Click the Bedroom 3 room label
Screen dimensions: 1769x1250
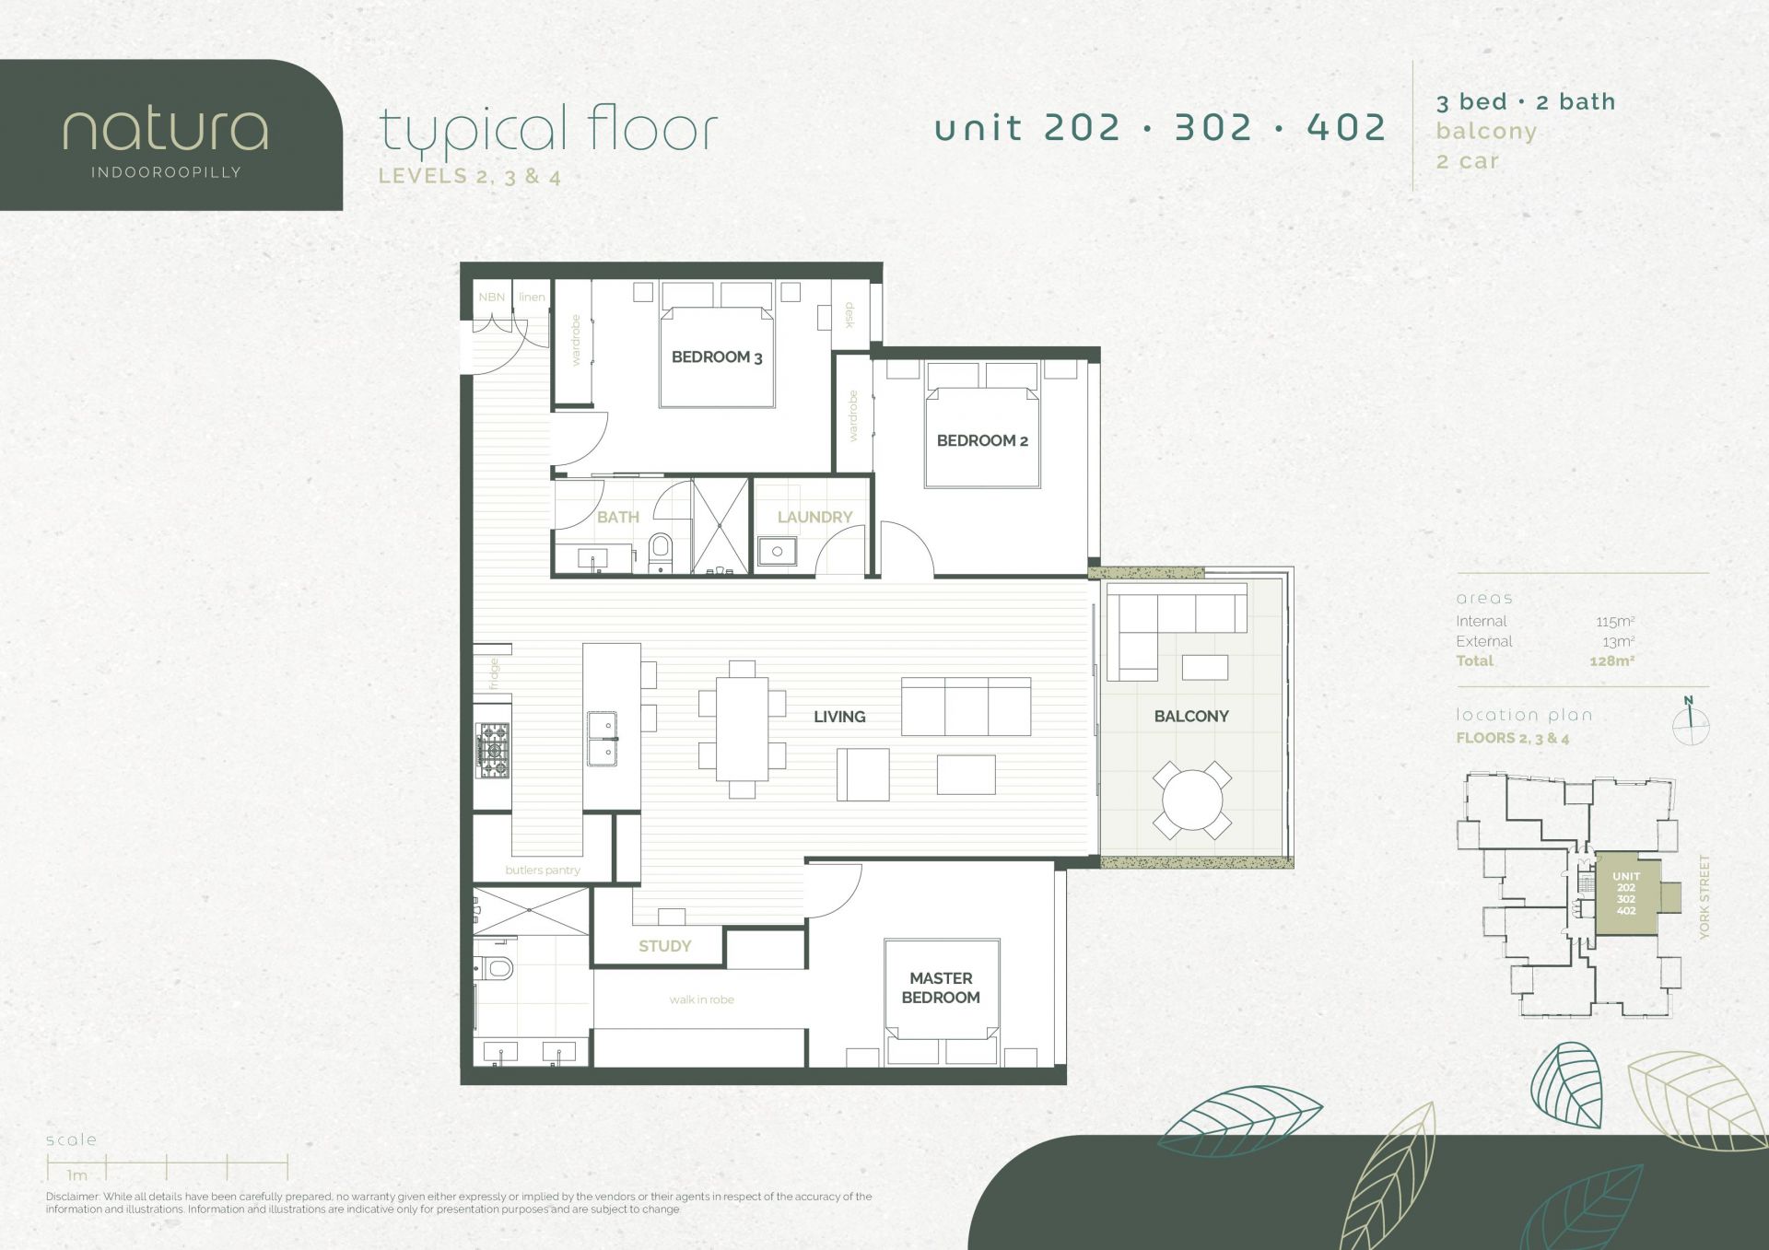coord(717,357)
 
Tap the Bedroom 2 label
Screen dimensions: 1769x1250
coord(982,440)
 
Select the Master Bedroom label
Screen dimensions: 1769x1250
coord(941,987)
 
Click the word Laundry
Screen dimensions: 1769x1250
coord(814,517)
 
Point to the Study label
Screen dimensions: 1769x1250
coord(664,946)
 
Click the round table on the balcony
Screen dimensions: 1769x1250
coord(1191,800)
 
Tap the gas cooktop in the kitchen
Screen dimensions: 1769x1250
coord(492,751)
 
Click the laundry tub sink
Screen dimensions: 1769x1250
coord(777,552)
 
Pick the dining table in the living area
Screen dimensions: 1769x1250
coord(742,729)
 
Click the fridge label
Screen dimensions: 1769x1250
coord(494,673)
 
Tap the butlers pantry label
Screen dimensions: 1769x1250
coord(543,870)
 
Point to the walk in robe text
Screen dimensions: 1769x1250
coord(702,999)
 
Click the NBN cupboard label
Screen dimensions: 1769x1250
coord(491,297)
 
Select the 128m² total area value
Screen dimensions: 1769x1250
coord(1611,660)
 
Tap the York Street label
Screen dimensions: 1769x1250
coord(1704,897)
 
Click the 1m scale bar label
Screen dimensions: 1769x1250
coord(77,1175)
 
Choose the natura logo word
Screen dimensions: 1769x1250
coord(166,130)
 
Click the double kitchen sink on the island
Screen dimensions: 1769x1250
coord(602,739)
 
